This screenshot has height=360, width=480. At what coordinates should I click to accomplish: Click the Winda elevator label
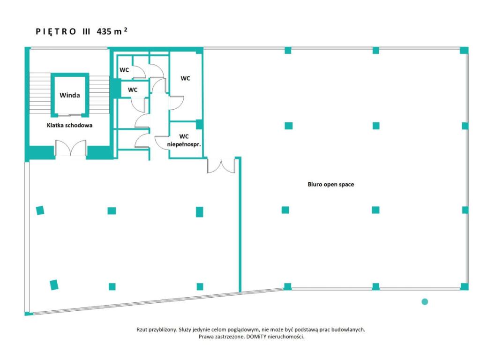[69, 95]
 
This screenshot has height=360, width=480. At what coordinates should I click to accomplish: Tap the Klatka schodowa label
[69, 125]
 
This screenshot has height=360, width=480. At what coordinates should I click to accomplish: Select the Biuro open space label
[330, 184]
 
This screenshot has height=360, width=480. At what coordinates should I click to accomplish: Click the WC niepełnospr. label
[184, 140]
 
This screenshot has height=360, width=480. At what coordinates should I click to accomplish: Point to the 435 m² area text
[112, 31]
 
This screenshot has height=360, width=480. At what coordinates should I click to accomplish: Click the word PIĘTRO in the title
[56, 31]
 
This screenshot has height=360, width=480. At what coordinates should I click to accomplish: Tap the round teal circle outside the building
[425, 301]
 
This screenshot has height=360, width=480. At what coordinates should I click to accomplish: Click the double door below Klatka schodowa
[71, 148]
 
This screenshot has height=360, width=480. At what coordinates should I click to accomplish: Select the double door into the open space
[221, 165]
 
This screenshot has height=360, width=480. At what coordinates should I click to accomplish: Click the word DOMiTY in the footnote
[256, 337]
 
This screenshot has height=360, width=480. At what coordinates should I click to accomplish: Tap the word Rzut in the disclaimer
[142, 330]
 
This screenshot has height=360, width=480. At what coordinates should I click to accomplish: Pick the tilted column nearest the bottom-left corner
[54, 285]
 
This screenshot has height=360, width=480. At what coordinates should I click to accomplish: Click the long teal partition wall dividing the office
[240, 225]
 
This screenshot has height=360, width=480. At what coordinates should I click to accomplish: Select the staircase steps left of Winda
[40, 93]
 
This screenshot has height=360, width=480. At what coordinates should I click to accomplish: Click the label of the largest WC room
[185, 78]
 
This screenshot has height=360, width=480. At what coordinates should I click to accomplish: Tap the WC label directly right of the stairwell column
[133, 90]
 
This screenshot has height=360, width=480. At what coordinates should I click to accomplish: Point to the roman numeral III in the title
[86, 31]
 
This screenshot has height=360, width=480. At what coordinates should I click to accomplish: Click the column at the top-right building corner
[464, 50]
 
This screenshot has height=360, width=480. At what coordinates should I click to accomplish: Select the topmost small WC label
[124, 70]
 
